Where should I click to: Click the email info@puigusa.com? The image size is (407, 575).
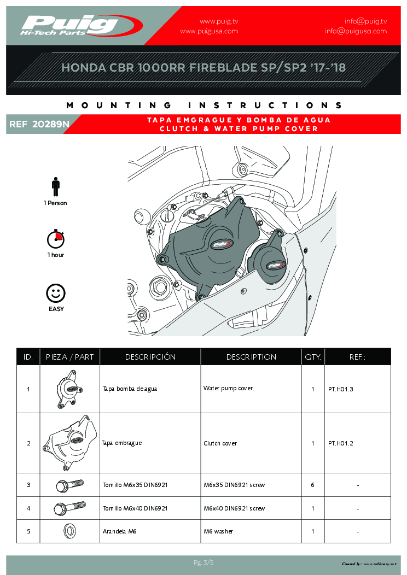click(x=356, y=31)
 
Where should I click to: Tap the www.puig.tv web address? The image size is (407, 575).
click(x=219, y=21)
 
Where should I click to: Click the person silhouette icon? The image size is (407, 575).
click(x=55, y=186)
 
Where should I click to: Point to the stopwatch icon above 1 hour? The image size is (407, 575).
click(x=56, y=239)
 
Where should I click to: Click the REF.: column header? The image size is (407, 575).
click(x=357, y=357)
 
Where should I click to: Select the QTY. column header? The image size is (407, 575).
click(x=313, y=357)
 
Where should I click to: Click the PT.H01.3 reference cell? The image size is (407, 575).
click(x=341, y=389)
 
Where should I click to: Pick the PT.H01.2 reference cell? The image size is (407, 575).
click(x=341, y=443)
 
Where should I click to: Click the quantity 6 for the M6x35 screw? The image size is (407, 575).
click(x=312, y=485)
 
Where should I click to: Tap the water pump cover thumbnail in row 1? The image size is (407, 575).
click(x=69, y=389)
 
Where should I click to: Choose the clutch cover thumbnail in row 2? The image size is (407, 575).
click(x=69, y=443)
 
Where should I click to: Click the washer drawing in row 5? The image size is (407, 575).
click(x=69, y=531)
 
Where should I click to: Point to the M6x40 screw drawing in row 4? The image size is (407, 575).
click(x=69, y=508)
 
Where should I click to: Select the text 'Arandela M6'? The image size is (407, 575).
click(x=120, y=531)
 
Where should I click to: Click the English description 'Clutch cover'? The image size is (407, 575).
click(x=220, y=443)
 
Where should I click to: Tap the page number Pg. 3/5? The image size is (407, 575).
click(x=203, y=562)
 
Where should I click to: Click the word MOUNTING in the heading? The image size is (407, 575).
click(x=118, y=105)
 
